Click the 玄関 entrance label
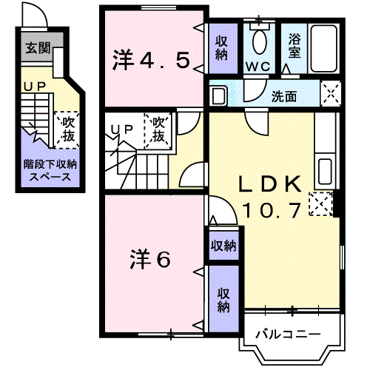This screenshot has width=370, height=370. (38, 48)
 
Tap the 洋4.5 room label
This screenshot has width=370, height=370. (151, 60)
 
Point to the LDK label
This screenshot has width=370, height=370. (270, 184)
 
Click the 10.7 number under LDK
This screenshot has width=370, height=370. (272, 210)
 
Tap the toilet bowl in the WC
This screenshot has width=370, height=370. (260, 41)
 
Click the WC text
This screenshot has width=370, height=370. (258, 67)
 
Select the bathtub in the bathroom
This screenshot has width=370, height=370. (323, 49)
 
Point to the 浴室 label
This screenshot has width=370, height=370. (295, 46)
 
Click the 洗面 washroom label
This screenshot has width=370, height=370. (283, 96)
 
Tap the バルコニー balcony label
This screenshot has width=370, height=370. (288, 334)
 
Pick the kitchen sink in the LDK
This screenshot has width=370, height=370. (325, 172)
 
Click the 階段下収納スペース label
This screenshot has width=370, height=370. (50, 171)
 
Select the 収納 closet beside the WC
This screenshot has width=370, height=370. (223, 48)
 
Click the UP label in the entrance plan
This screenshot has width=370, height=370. (35, 87)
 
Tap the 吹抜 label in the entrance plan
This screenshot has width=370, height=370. (68, 129)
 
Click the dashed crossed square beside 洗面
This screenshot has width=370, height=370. (330, 94)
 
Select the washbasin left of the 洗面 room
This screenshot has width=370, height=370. (218, 95)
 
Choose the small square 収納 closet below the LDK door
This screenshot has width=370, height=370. (223, 245)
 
